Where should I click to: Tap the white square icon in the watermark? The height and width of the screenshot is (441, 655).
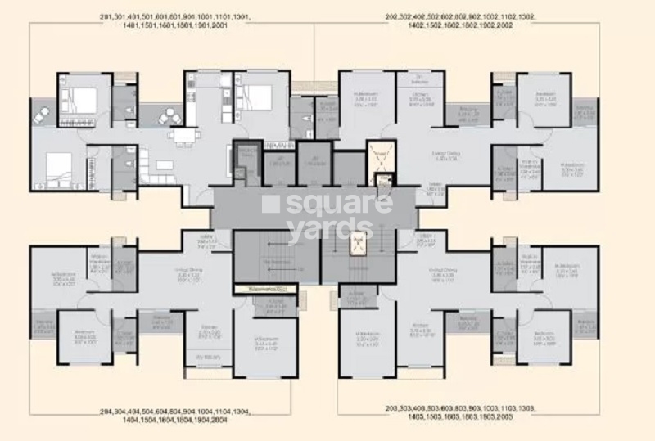(x=271, y=204)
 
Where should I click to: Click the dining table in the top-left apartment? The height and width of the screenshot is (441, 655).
(x=181, y=134)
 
